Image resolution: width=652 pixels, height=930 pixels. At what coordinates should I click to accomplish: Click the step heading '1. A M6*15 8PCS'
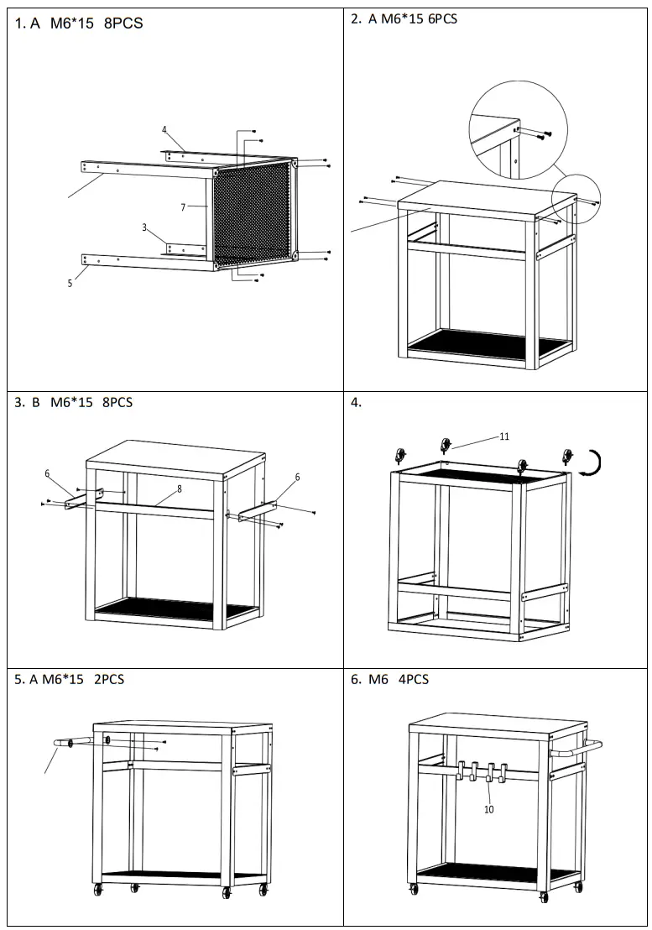[79, 24]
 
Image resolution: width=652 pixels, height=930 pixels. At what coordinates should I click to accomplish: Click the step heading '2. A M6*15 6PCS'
[404, 18]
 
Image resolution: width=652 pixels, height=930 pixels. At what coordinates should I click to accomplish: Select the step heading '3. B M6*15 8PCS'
[74, 402]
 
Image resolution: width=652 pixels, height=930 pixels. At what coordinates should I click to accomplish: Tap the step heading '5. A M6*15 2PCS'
[70, 679]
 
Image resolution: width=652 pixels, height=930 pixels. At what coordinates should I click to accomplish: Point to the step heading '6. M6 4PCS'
[389, 679]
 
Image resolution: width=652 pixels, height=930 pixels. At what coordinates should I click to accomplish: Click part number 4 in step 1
[164, 130]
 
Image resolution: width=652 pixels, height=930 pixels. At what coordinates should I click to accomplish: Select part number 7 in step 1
[182, 206]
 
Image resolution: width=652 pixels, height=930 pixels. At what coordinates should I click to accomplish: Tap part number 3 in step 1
[144, 227]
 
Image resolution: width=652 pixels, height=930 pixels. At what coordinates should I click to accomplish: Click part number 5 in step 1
[70, 284]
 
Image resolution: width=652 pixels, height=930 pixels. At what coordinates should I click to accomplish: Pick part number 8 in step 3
[179, 489]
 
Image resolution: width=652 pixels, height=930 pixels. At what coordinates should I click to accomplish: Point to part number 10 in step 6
[488, 810]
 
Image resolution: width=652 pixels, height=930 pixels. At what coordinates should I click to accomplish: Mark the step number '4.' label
[356, 402]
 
